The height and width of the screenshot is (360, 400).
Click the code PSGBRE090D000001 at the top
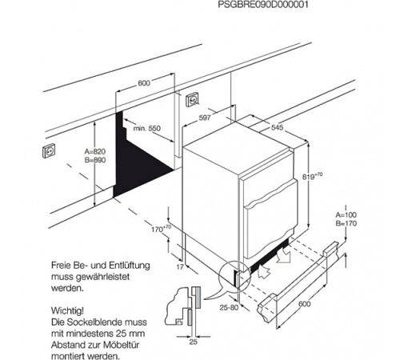[x=263, y=5]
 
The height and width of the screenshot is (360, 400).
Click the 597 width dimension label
[x=205, y=118]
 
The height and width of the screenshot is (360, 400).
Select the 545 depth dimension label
[x=277, y=128]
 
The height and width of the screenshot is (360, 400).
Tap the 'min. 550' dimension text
[x=147, y=129]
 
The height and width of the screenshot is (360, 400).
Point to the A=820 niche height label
[x=95, y=152]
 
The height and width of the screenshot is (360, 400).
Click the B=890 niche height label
[x=95, y=160]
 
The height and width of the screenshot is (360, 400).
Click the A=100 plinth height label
[x=346, y=214]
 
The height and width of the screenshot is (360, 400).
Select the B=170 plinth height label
[x=346, y=223]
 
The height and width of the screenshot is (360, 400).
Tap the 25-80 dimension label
[x=229, y=307]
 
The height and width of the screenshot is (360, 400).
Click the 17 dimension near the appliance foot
[x=180, y=266]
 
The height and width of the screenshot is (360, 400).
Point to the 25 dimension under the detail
[x=193, y=342]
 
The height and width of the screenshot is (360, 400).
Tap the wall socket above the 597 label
[x=192, y=99]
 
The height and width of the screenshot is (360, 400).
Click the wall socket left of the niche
[x=49, y=150]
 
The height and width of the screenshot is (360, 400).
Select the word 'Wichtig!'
[x=67, y=310]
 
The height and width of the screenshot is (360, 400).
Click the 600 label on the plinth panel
[x=304, y=304]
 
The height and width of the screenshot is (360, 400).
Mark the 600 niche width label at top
[x=144, y=83]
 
